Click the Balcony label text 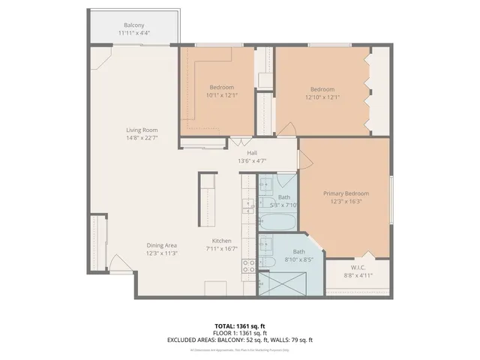pos(133,25)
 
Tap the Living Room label pos(141,130)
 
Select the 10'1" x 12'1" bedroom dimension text pos(220,95)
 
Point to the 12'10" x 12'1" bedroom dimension pos(322,97)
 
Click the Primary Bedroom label pos(344,193)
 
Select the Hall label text pos(252,152)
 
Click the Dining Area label pos(161,245)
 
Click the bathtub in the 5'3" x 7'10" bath pos(276,222)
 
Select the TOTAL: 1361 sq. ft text pos(240,326)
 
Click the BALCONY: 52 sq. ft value pos(250,340)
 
